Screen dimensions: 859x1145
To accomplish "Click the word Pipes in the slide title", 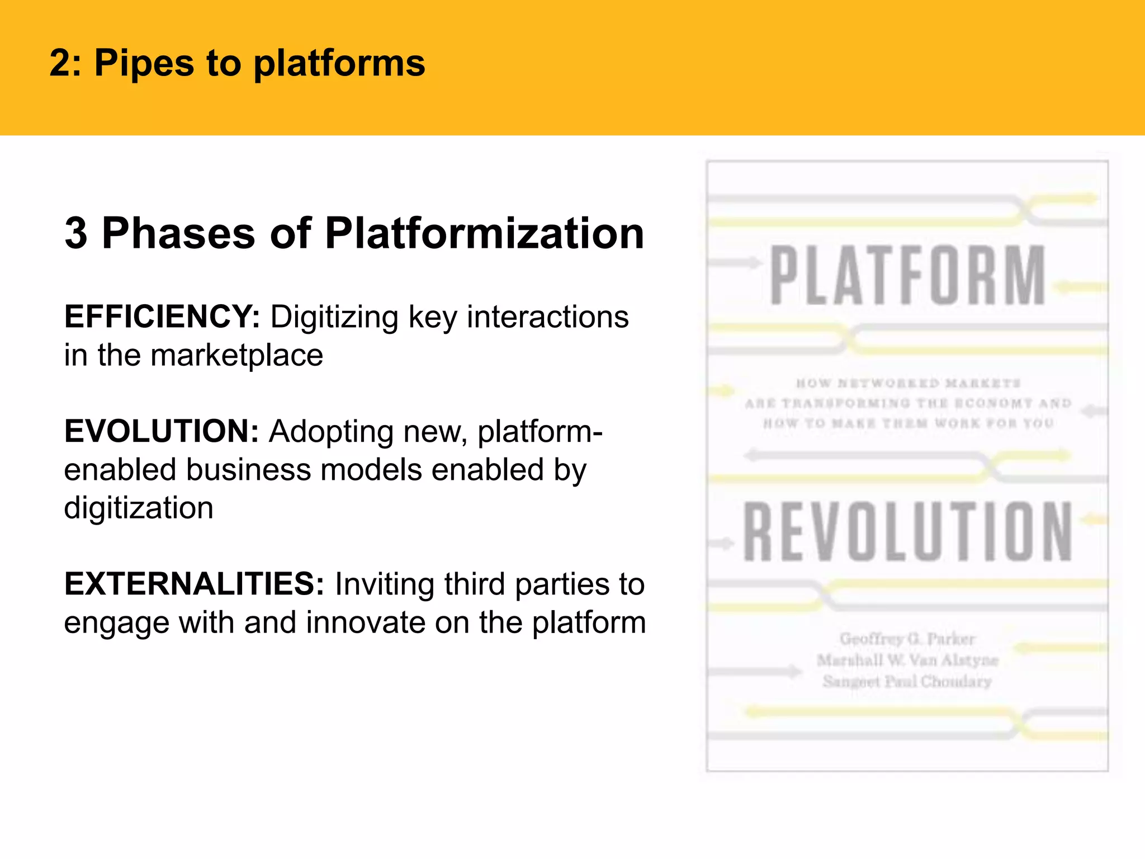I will point(144,63).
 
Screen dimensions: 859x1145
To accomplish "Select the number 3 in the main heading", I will point(76,233).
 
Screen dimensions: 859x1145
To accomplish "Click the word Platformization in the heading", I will point(484,233).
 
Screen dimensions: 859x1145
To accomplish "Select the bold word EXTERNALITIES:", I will point(194,584).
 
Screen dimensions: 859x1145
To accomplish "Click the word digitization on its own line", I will point(139,508).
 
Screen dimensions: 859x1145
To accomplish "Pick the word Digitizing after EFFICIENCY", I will point(335,317).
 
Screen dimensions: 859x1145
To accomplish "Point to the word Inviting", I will point(385,584).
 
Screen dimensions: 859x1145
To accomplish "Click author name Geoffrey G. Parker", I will point(907,639).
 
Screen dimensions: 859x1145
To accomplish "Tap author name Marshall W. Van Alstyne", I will point(907,660).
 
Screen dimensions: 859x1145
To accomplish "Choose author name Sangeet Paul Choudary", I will point(907,682).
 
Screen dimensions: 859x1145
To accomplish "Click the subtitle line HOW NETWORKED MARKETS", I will point(908,383).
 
